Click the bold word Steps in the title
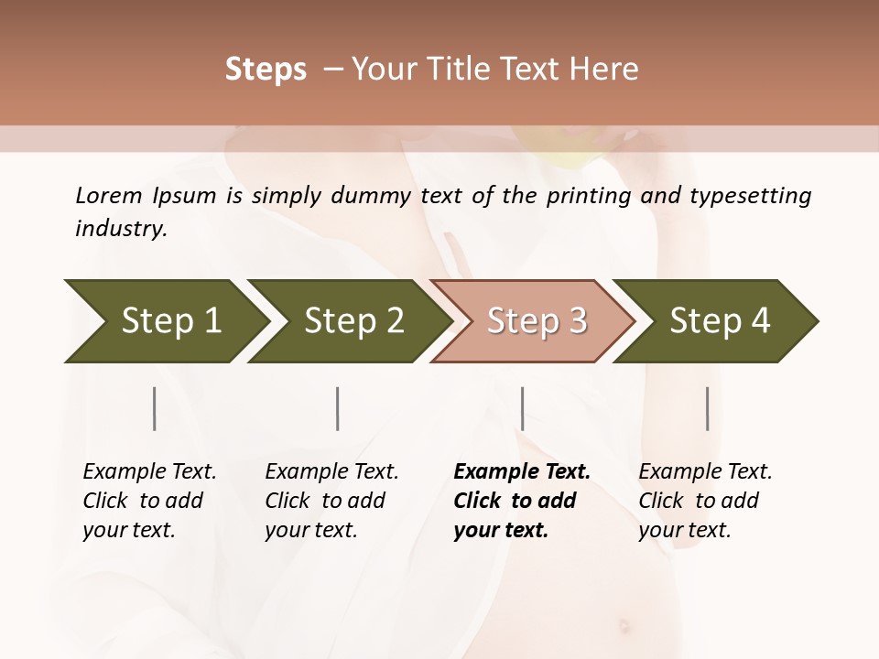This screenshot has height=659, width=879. pyautogui.click(x=266, y=70)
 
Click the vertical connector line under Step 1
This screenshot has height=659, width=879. pyautogui.click(x=155, y=408)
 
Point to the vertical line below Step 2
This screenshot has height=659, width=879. pyautogui.click(x=338, y=408)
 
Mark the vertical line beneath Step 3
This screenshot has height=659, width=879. pyautogui.click(x=522, y=408)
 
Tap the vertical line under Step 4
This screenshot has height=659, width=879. pyautogui.click(x=707, y=408)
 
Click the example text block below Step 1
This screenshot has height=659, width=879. pyautogui.click(x=149, y=501)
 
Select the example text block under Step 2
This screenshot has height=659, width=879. pyautogui.click(x=331, y=501)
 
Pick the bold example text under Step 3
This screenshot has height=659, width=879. pyautogui.click(x=521, y=501)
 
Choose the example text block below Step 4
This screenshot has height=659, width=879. pyautogui.click(x=705, y=501)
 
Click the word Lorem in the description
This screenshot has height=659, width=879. pyautogui.click(x=109, y=195)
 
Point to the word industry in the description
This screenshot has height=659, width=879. pyautogui.click(x=120, y=228)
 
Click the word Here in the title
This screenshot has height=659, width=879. pyautogui.click(x=608, y=70)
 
